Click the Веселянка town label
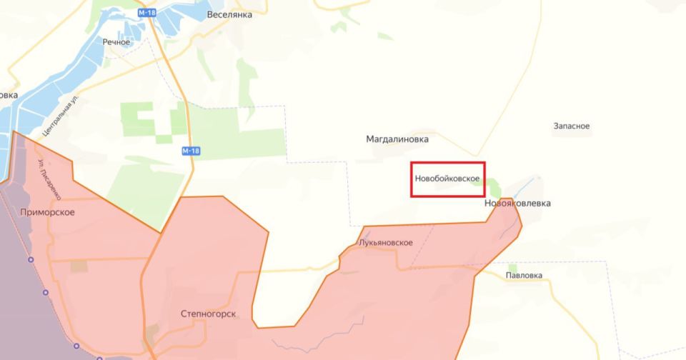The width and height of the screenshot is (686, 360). point(229,14)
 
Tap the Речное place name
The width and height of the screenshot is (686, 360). point(116,42)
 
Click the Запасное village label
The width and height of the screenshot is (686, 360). point(571,126)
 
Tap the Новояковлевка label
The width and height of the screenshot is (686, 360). point(517,204)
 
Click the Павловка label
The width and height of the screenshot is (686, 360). point(523,275)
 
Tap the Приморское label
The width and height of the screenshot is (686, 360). point(48,212)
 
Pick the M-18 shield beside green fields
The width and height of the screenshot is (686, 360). point(190,151)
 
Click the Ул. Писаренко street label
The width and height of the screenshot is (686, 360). point(48,178)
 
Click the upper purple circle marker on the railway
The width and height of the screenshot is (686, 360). point(30,259)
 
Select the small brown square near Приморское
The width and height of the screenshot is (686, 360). point(78,266)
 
